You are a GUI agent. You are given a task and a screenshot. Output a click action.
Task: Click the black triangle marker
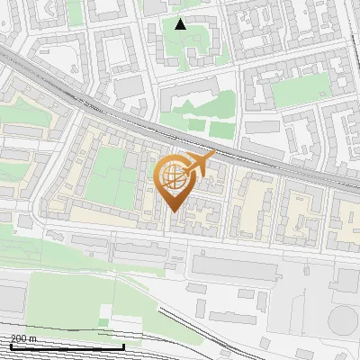(x=181, y=23)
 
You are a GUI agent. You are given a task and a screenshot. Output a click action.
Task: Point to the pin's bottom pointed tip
(x=174, y=212)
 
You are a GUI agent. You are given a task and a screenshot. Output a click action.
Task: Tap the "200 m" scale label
(x=23, y=338)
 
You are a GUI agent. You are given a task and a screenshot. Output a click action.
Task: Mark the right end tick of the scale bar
(x=123, y=346)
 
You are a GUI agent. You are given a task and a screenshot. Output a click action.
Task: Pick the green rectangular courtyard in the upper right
(x=300, y=91)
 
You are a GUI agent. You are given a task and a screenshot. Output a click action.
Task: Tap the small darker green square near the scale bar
(x=105, y=321)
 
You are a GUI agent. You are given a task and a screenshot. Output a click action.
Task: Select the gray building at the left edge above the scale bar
(x=11, y=299)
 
